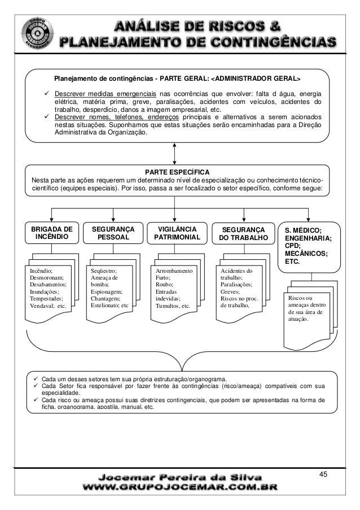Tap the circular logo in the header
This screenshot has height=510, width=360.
(38, 34)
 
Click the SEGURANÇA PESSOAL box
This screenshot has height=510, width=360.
(113, 233)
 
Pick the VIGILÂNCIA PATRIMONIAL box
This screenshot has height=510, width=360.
(177, 233)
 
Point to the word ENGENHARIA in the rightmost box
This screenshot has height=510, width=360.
(309, 238)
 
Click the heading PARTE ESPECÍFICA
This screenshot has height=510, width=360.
(177, 172)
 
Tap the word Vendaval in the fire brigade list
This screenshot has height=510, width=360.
(42, 306)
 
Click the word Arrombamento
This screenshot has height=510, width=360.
(174, 272)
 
